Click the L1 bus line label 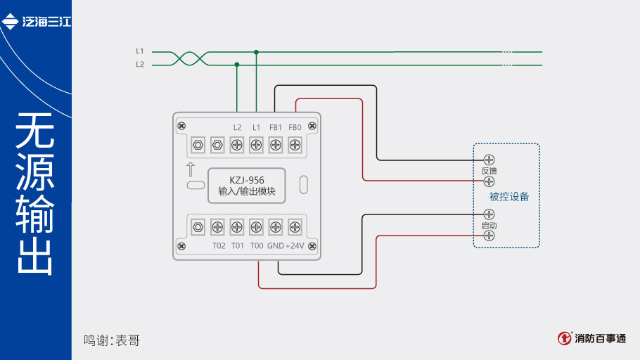pyautogui.click(x=140, y=51)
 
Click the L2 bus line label pyautogui.click(x=140, y=64)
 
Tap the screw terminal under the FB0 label pyautogui.click(x=295, y=146)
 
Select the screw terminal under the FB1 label pyautogui.click(x=276, y=146)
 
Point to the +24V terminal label pyautogui.click(x=295, y=246)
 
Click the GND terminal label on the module pyautogui.click(x=275, y=246)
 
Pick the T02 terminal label pyautogui.click(x=219, y=246)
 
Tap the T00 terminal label pyautogui.click(x=257, y=246)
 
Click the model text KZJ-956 pyautogui.click(x=246, y=180)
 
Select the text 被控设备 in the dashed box pyautogui.click(x=509, y=197)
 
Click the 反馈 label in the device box pyautogui.click(x=489, y=171)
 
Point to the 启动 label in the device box pyautogui.click(x=489, y=226)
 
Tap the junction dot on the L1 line pyautogui.click(x=257, y=51)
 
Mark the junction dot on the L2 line pyautogui.click(x=237, y=64)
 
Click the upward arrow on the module pyautogui.click(x=190, y=169)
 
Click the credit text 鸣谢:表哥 pyautogui.click(x=112, y=340)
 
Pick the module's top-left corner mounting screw pyautogui.click(x=181, y=125)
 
